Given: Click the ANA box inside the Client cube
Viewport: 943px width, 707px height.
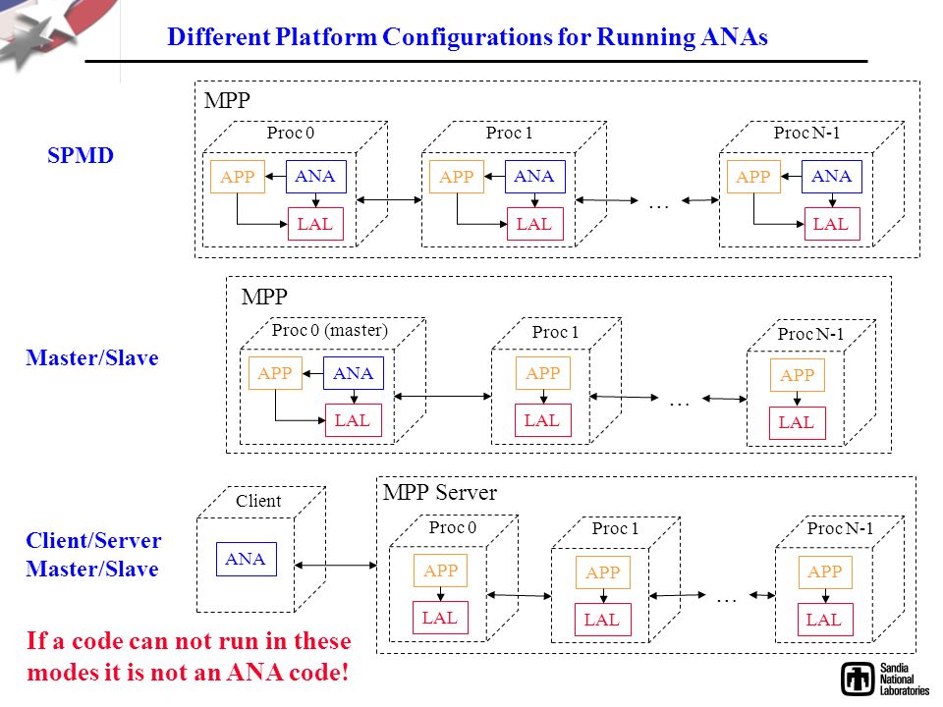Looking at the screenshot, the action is [247, 559].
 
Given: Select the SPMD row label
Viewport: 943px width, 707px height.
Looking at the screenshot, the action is [81, 156].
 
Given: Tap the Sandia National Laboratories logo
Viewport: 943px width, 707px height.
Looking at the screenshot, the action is [885, 680].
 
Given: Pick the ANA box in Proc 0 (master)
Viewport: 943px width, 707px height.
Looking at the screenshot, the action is [354, 373].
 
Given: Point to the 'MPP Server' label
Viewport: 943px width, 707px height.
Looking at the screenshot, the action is [440, 493].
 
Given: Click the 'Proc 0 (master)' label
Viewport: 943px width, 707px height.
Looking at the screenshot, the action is [330, 330].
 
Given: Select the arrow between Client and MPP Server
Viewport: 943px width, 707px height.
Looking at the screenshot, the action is [336, 566].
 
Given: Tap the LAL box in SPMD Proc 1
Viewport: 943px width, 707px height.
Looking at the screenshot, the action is [534, 224].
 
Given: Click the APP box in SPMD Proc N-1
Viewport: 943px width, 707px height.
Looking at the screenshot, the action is [753, 177].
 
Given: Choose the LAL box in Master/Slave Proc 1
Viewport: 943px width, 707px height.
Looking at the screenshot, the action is [542, 420].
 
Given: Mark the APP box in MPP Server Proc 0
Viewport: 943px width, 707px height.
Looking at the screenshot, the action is [440, 571].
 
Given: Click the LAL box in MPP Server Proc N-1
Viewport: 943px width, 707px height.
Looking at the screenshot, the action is [825, 620].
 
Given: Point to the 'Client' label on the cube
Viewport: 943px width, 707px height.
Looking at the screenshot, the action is [258, 501].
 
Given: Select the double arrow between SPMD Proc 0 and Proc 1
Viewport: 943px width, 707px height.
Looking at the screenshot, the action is [389, 199].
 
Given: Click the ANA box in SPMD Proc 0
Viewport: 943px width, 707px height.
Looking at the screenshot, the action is [315, 177].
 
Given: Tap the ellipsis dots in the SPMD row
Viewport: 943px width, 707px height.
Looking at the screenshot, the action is [659, 207].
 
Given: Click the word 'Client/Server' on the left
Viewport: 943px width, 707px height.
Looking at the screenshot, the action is [94, 540].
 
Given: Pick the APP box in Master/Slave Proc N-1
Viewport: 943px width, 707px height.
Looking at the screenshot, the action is [798, 375].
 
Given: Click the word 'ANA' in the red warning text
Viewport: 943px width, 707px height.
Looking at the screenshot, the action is [255, 672].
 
